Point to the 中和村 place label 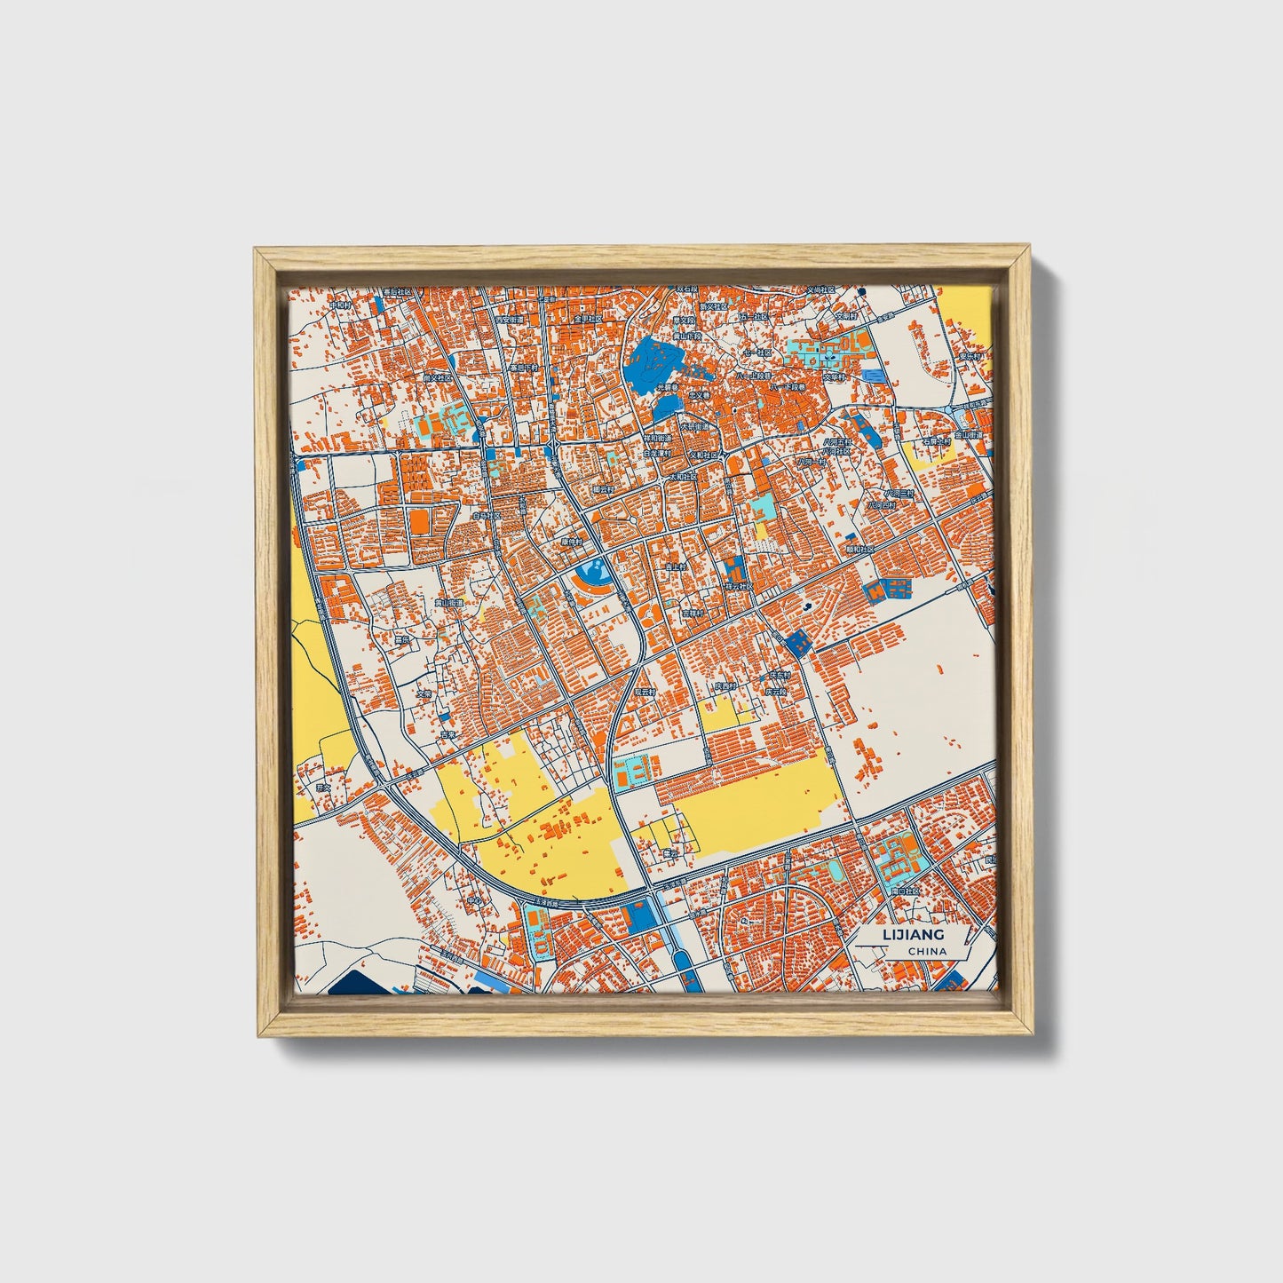click(341, 305)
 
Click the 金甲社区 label click(588, 318)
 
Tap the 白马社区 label click(487, 514)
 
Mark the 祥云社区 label click(737, 587)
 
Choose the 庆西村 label click(725, 686)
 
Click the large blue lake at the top click(653, 365)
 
